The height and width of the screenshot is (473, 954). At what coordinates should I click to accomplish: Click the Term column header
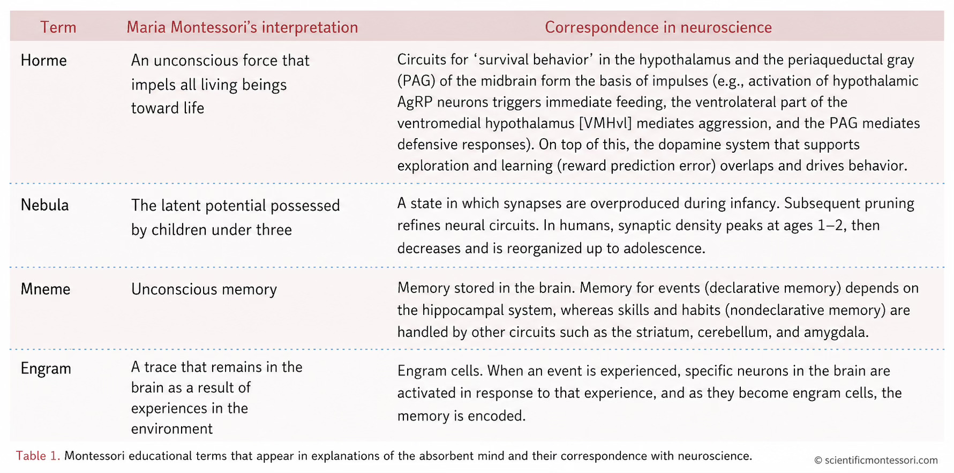click(58, 27)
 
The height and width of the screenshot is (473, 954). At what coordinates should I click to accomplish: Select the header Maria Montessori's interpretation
click(242, 27)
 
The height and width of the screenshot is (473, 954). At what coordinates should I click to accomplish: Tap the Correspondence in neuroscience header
click(658, 27)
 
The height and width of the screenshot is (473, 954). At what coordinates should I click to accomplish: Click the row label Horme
click(44, 61)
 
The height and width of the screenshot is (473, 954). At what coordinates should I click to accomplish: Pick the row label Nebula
click(45, 205)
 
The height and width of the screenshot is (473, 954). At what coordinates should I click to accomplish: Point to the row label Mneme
click(46, 289)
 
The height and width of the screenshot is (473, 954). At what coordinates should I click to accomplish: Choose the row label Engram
click(46, 369)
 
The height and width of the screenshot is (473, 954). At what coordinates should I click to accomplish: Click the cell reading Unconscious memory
click(204, 289)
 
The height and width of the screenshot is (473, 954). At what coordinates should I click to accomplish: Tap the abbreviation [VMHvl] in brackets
click(605, 123)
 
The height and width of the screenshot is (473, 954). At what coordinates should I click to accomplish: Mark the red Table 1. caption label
click(38, 456)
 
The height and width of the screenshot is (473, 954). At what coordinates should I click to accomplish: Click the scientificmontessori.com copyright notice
click(876, 460)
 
